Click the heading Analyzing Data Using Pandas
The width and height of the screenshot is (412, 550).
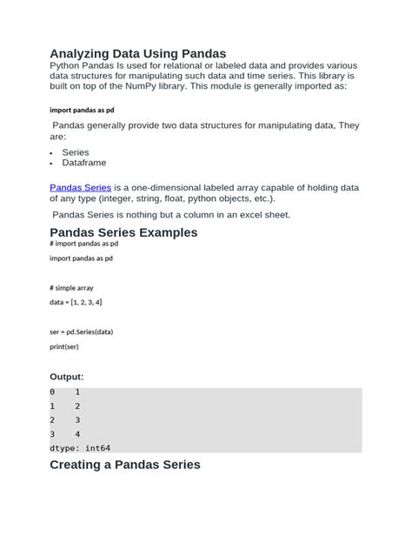pyautogui.click(x=137, y=54)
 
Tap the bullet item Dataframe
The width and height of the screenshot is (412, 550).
pyautogui.click(x=84, y=163)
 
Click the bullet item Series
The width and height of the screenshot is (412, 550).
pyautogui.click(x=76, y=152)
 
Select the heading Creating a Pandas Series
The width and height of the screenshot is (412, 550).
pyautogui.click(x=125, y=465)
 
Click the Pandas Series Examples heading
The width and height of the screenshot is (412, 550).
pyautogui.click(x=123, y=232)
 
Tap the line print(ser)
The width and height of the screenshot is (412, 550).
pyautogui.click(x=64, y=345)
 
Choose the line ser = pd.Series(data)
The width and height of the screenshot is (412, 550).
pyautogui.click(x=82, y=332)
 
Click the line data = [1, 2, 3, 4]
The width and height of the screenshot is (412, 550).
pyautogui.click(x=76, y=301)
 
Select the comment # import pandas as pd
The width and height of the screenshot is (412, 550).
pyautogui.click(x=84, y=245)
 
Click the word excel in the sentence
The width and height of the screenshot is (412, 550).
pyautogui.click(x=245, y=215)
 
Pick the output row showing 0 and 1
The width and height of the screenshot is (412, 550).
pyautogui.click(x=65, y=392)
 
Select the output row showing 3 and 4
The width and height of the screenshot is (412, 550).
pyautogui.click(x=65, y=433)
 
